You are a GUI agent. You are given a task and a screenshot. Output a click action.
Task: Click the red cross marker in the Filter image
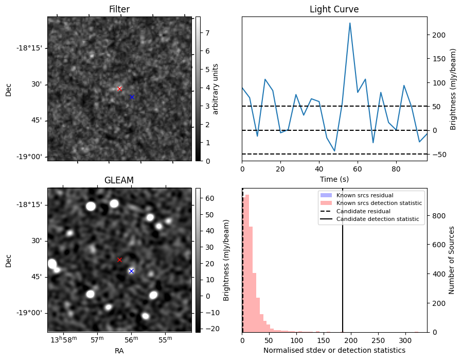click(119, 89)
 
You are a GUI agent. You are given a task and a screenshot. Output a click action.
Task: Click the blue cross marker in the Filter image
click(132, 97)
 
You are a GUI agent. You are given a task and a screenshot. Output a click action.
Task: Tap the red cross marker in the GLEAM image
click(119, 260)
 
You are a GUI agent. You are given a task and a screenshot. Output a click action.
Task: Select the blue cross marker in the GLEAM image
click(131, 271)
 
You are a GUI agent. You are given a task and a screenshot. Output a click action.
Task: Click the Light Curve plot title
click(334, 9)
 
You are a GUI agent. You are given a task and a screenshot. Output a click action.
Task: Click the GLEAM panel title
click(119, 180)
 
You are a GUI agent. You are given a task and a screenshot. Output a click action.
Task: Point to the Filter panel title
click(119, 9)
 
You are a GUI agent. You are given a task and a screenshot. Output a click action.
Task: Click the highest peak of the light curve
click(350, 23)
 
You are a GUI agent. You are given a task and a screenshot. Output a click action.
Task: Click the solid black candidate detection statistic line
click(343, 268)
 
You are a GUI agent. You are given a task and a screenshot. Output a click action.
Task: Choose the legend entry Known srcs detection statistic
click(379, 203)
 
